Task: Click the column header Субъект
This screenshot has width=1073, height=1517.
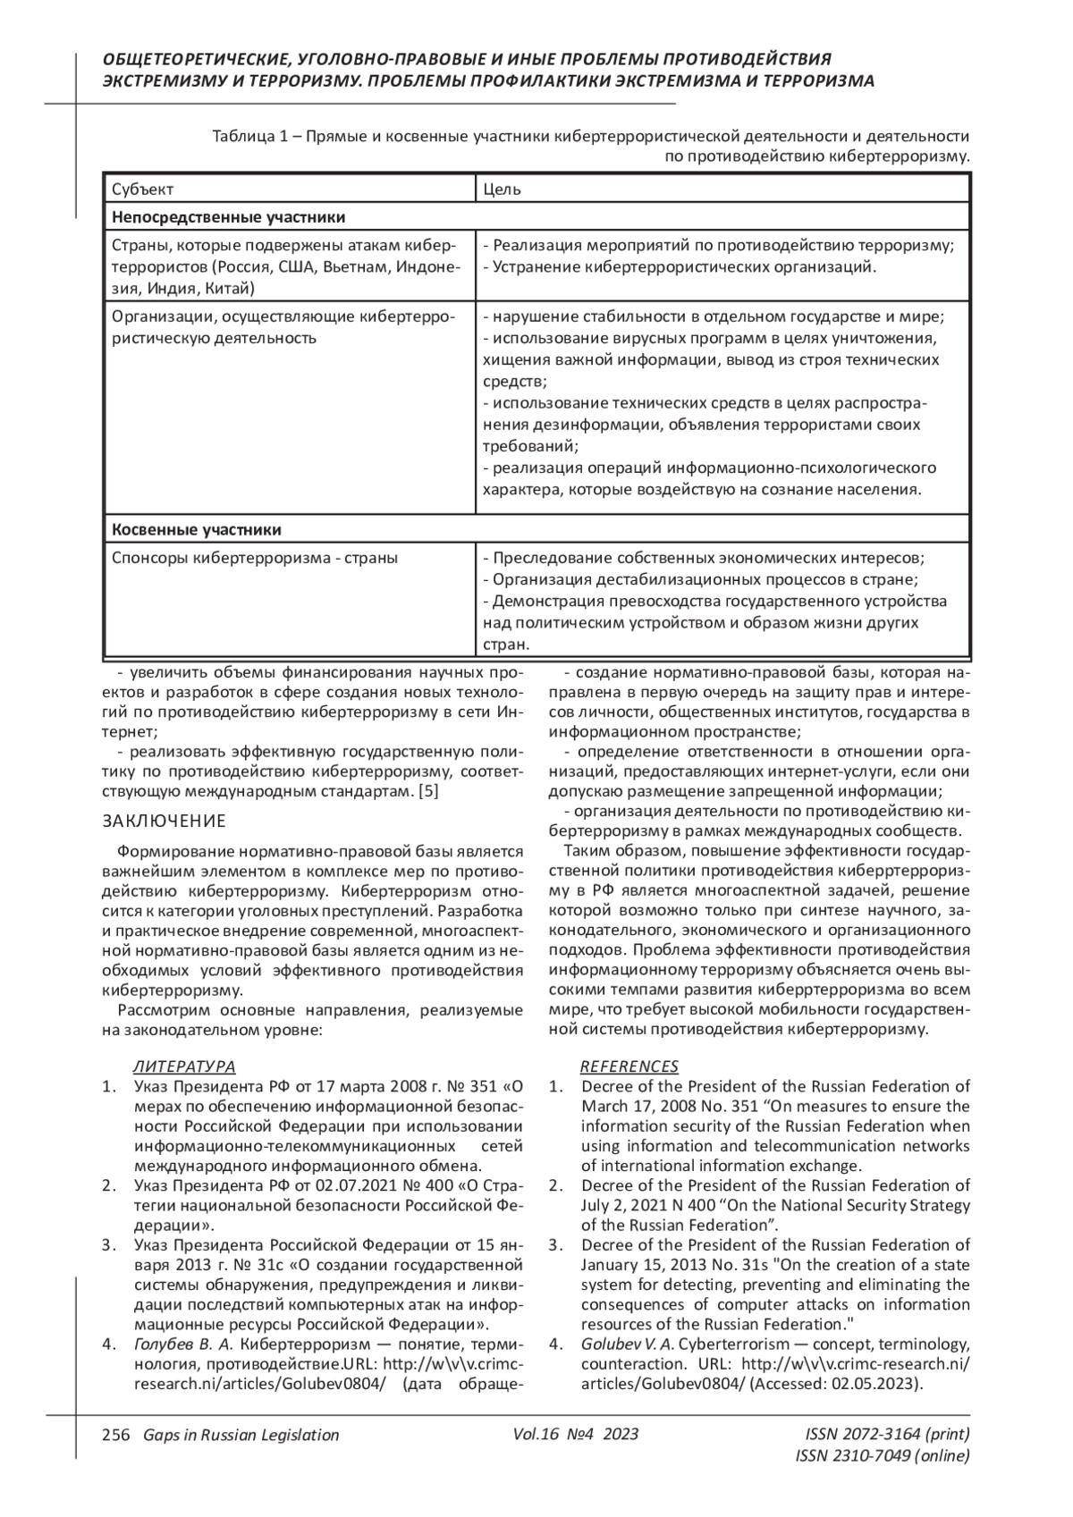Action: tap(142, 190)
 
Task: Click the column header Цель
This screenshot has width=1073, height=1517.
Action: tap(502, 190)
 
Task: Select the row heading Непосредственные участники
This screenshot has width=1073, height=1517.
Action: tap(228, 217)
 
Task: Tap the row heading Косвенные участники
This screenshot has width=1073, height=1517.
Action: tap(196, 529)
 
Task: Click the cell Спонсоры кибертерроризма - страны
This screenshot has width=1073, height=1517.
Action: tap(255, 558)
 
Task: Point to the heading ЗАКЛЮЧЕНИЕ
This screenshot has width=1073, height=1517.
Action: tap(165, 821)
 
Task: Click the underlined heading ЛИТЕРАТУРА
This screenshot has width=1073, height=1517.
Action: tap(184, 1066)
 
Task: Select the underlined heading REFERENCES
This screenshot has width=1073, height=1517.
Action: tap(629, 1066)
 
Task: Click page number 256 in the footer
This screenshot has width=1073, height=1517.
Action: tap(116, 1435)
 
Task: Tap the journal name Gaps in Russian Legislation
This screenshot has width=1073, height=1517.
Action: tap(241, 1435)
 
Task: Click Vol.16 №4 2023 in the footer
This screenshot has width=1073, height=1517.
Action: tap(576, 1434)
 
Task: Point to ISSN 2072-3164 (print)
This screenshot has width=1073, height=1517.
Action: tap(887, 1434)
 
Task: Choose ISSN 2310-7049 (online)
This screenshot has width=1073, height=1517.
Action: tap(882, 1455)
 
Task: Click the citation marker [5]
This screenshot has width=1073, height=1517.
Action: tap(428, 791)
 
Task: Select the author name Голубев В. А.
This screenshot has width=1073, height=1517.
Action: tap(183, 1344)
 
